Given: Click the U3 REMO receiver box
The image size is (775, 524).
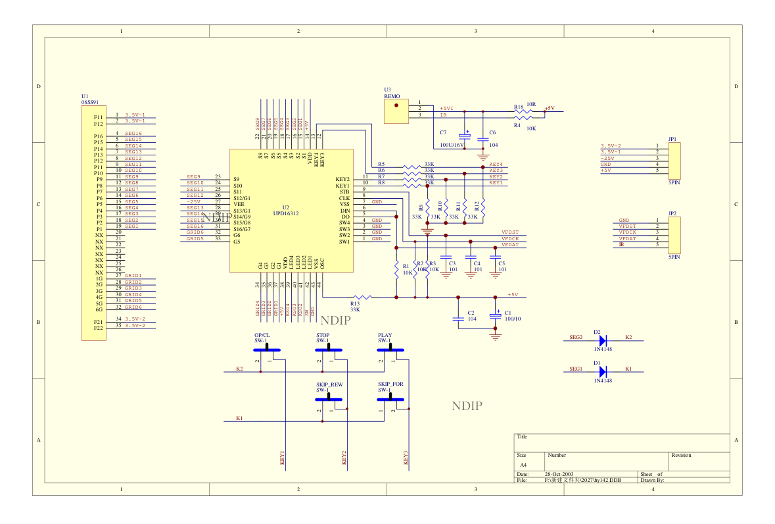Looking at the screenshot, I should coord(396,111).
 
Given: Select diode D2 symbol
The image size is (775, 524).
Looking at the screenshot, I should coord(603,340).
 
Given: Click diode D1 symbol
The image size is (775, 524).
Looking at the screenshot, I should coord(603,371).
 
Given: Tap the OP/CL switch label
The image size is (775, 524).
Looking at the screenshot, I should coord(262,335).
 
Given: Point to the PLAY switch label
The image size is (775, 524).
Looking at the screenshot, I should coord(385,335).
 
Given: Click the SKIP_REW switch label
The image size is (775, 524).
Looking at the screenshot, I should coord(329,384).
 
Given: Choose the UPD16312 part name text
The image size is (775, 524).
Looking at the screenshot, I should coord(286,214).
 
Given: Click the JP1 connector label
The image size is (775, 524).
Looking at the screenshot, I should coord(672,139).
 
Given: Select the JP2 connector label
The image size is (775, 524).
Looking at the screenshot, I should coord(672,213).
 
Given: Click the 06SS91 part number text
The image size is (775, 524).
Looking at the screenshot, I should coord(90,103).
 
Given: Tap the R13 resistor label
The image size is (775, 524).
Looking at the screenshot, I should coord(355,303).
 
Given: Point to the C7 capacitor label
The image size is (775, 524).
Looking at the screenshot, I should coord(443,133).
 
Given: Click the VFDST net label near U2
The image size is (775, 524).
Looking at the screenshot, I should coord(509,232).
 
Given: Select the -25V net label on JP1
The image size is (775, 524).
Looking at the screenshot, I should coord(607,158).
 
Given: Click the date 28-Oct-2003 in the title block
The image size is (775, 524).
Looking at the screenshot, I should coord(559,474).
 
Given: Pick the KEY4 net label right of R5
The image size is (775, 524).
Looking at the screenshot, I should coord(496,164).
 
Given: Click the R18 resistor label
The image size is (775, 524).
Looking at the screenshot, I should coord(518,106).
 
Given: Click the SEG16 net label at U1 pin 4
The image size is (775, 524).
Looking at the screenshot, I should coord(133,133).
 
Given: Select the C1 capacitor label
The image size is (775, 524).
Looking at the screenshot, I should coord(507,313).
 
